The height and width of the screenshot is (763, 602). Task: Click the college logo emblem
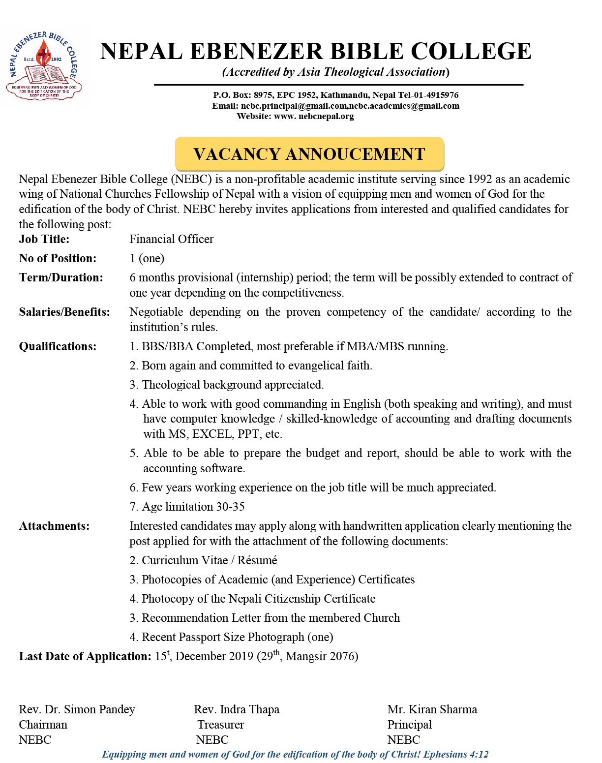click(44, 66)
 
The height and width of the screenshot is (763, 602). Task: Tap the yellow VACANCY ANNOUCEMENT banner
click(309, 154)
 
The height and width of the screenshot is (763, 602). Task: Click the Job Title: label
click(44, 239)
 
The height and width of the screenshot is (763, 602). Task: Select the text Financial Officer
click(171, 239)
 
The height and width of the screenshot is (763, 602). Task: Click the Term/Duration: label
click(61, 277)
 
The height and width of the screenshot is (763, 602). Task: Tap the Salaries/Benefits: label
click(64, 312)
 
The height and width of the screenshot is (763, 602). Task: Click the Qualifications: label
click(58, 346)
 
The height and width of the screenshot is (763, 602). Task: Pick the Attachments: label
click(54, 526)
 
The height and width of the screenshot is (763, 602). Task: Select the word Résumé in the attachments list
click(257, 560)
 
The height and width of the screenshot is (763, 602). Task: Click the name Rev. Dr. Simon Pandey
click(77, 709)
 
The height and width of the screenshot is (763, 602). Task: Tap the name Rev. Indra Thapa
click(236, 709)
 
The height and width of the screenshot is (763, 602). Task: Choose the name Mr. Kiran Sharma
click(432, 709)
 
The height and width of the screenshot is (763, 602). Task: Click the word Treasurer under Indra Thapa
click(220, 725)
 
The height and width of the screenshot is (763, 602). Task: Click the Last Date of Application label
click(85, 656)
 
